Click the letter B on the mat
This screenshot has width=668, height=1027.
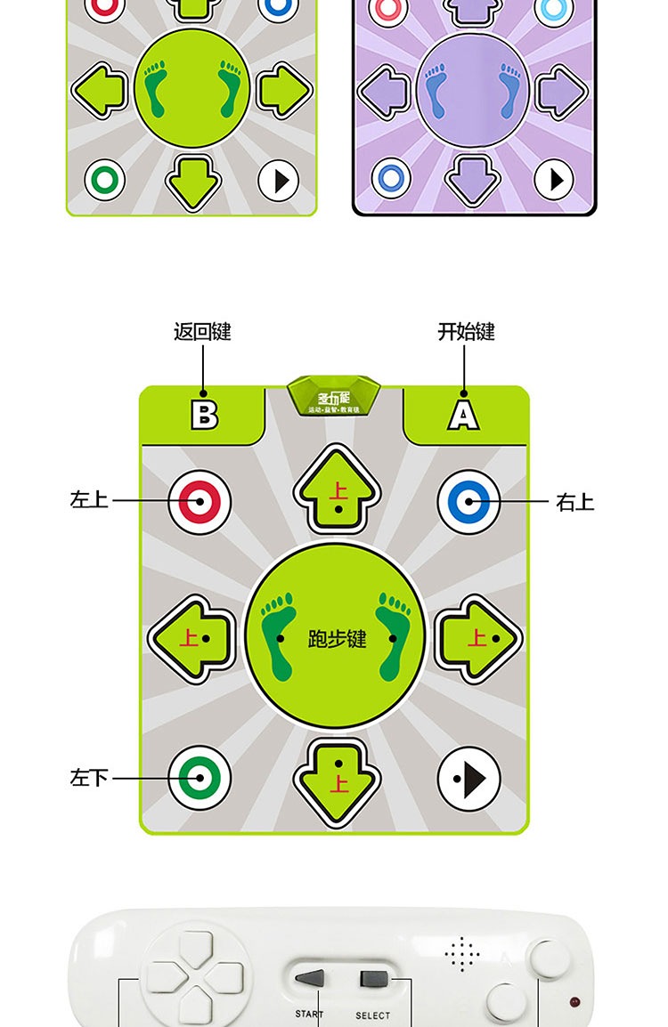click(204, 414)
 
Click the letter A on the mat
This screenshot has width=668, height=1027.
click(463, 414)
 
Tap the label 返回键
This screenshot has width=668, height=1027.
click(202, 332)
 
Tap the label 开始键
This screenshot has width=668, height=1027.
click(466, 332)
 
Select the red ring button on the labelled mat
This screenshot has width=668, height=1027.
click(200, 502)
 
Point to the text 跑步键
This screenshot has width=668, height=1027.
click(337, 639)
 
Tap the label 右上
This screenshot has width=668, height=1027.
click(574, 503)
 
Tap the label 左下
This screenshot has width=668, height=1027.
click(89, 779)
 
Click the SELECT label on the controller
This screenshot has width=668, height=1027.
click(372, 1015)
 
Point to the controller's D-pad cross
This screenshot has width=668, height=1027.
click(195, 977)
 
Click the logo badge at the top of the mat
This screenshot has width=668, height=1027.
click(334, 396)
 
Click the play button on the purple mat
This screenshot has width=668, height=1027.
click(554, 181)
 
